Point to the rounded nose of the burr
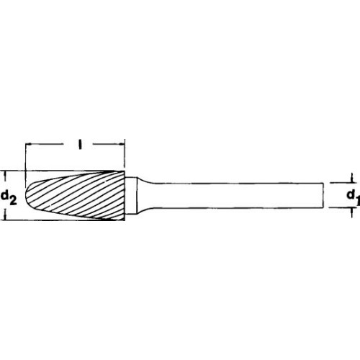(x=30, y=195)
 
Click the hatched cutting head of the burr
(x=79, y=195)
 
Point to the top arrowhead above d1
(x=351, y=179)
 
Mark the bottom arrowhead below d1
(x=351, y=212)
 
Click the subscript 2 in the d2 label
(x=14, y=199)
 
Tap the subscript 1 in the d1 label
(x=356, y=199)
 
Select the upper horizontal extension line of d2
(x=18, y=171)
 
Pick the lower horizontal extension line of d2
(x=18, y=220)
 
